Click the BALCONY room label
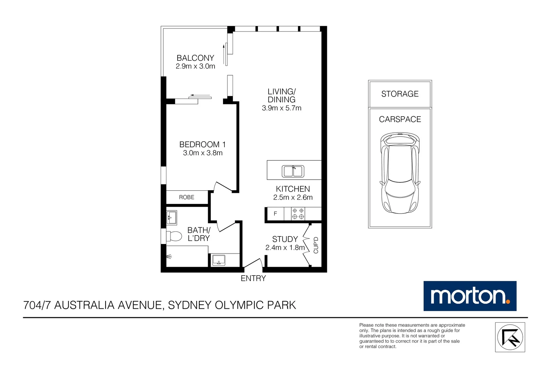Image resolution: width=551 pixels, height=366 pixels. point(195,58)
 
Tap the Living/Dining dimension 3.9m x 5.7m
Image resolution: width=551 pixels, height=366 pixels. point(281,108)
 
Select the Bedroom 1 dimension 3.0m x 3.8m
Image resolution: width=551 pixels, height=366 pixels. point(203,153)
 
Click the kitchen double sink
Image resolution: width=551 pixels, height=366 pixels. point(293,171)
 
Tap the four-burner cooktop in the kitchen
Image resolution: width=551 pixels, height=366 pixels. point(298,214)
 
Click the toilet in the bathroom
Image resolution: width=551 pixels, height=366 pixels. point(174,237)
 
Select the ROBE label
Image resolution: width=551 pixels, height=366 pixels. point(187,197)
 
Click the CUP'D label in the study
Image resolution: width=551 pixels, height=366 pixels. point(316,245)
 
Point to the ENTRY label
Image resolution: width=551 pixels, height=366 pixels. point(253,278)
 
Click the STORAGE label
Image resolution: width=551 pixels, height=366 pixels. point(400,94)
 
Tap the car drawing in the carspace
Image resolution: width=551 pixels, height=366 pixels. point(400,173)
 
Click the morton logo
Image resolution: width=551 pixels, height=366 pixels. point(470,296)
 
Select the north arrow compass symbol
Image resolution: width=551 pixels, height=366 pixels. point(510,337)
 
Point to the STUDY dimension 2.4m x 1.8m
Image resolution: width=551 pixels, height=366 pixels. point(285,248)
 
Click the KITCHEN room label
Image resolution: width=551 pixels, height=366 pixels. point(293,189)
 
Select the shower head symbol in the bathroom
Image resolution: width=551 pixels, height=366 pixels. point(169,257)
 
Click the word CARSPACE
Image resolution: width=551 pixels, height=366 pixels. point(400,119)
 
